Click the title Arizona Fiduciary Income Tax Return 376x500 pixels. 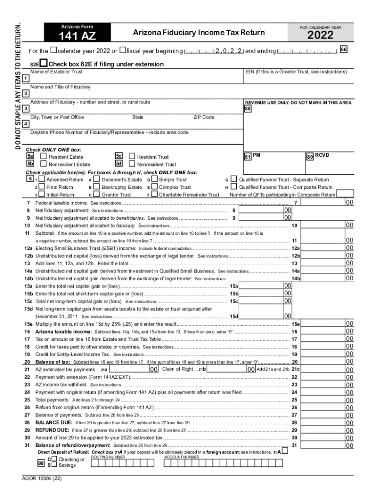(199, 33)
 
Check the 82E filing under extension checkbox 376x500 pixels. (43, 64)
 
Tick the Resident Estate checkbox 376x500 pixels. (43, 157)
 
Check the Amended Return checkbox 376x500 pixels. (42, 180)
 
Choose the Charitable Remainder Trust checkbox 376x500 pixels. (155, 195)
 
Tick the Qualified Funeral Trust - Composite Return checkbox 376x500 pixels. (234, 187)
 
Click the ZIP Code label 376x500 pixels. (204, 117)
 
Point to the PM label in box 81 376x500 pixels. (257, 155)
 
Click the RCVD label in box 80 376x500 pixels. (322, 155)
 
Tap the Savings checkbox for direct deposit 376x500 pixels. (55, 465)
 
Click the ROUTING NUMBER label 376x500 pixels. (108, 457)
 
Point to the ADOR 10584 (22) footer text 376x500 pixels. (42, 479)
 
